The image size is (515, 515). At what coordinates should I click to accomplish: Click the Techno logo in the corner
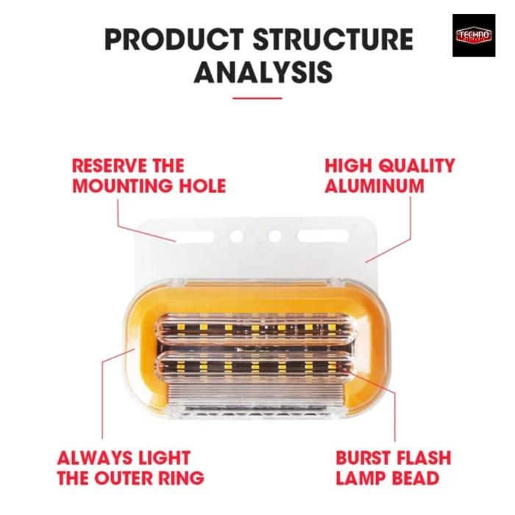coord(475,35)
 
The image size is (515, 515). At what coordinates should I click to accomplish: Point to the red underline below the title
coord(257,98)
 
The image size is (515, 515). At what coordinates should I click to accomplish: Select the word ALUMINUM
coord(374,185)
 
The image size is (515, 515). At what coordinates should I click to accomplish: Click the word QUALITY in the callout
coord(416,165)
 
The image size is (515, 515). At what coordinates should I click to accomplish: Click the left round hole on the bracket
coord(237,237)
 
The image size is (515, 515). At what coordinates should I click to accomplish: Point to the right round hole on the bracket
coord(275,237)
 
